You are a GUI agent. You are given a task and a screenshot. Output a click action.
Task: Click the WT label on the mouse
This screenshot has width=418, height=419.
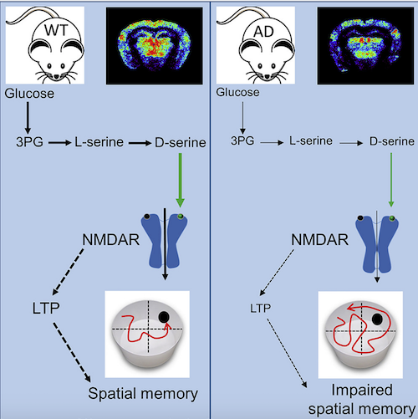56,30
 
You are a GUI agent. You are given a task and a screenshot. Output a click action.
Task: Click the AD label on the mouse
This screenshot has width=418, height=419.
263,32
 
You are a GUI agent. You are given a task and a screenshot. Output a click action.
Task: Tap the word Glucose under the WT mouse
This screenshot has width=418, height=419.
29,94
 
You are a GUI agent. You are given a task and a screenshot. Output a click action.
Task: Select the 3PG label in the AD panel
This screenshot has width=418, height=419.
242,141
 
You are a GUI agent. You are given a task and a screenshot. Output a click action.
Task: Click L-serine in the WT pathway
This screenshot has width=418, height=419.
99,142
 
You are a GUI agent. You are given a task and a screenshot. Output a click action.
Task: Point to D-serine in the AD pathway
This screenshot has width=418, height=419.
392,141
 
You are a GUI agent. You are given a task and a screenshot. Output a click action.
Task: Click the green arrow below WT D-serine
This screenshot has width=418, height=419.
180,181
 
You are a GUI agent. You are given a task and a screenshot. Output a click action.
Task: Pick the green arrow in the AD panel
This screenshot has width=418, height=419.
391,180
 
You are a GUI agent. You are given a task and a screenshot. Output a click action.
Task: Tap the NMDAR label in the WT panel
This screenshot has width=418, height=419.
111,240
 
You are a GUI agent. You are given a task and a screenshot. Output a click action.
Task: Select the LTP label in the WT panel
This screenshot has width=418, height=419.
46,308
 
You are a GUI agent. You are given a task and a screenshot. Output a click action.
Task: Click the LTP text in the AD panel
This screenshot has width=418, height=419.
260,309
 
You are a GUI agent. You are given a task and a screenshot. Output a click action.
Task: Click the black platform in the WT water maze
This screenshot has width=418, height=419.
164,317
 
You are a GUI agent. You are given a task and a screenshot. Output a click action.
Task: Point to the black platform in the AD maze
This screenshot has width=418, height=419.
377,319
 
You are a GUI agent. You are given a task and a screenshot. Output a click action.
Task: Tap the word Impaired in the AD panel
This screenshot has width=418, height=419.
362,390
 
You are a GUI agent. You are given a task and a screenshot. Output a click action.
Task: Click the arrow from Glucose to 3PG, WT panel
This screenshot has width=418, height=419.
28,118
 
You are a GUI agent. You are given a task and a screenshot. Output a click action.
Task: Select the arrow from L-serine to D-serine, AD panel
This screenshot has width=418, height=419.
351,143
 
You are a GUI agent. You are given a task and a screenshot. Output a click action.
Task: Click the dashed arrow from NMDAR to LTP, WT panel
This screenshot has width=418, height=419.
68,272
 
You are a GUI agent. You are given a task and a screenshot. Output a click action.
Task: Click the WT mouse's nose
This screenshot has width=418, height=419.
57,76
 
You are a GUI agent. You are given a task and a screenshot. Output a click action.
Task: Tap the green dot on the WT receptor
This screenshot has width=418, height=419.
181,216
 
